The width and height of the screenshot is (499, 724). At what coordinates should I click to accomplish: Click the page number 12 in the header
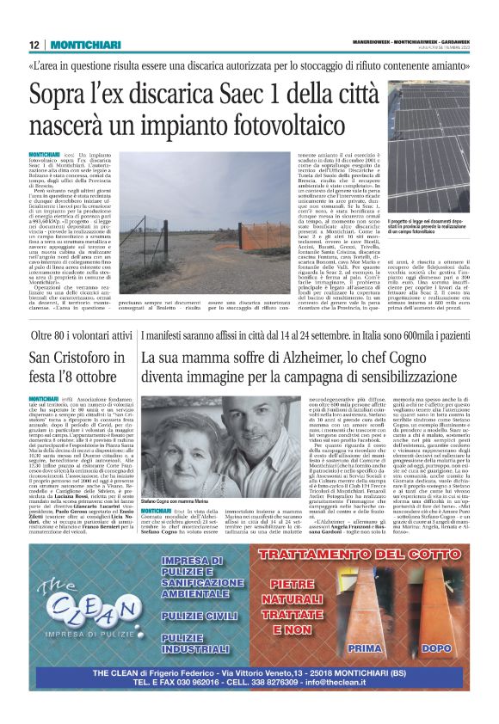click(x=34, y=45)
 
